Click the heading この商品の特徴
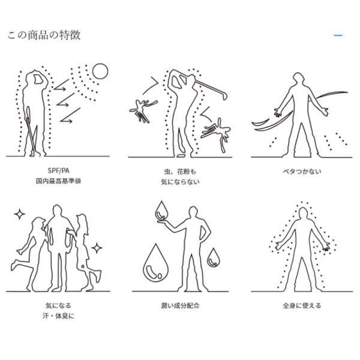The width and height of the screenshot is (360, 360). [x=44, y=35]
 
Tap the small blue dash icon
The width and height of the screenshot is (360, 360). [x=338, y=35]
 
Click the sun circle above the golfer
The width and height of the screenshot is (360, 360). [x=100, y=71]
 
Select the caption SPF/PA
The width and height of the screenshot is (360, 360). [x=59, y=170]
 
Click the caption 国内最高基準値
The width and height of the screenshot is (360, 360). [x=59, y=181]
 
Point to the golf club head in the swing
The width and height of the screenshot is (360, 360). [x=225, y=95]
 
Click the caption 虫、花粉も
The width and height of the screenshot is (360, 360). [x=180, y=171]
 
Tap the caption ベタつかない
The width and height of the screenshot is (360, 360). [x=302, y=171]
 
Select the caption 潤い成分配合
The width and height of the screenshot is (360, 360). [x=180, y=305]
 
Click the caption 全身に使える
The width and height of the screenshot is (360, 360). [x=302, y=305]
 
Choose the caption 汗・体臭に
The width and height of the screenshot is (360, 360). [x=59, y=316]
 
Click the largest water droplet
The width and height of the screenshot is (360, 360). [x=155, y=263]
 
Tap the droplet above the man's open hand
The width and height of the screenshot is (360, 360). [x=161, y=211]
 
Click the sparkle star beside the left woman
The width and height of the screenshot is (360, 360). [x=20, y=214]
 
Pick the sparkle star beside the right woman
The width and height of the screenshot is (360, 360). [x=97, y=248]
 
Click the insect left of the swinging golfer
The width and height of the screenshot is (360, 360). [x=143, y=110]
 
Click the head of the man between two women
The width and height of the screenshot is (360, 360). [x=58, y=211]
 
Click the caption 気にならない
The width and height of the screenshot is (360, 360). [x=180, y=182]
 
